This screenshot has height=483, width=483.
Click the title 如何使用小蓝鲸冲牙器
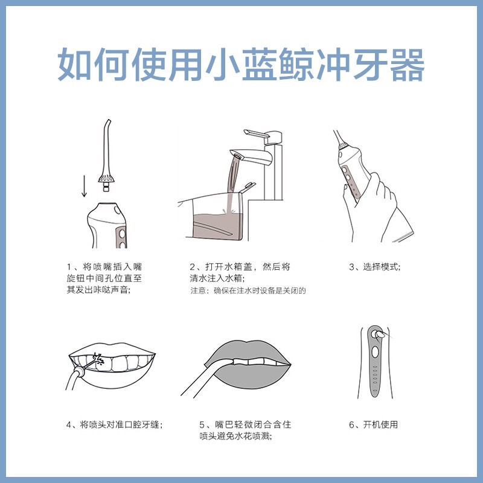pyautogui.click(x=241, y=65)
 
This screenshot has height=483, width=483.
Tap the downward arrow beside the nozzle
pyautogui.click(x=84, y=186)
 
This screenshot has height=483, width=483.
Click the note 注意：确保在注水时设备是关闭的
pyautogui.click(x=248, y=290)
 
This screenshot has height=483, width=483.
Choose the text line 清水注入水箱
pyautogui.click(x=217, y=278)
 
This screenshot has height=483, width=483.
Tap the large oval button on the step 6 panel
pyautogui.click(x=375, y=352)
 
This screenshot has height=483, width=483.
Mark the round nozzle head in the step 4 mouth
pyautogui.click(x=79, y=371)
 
